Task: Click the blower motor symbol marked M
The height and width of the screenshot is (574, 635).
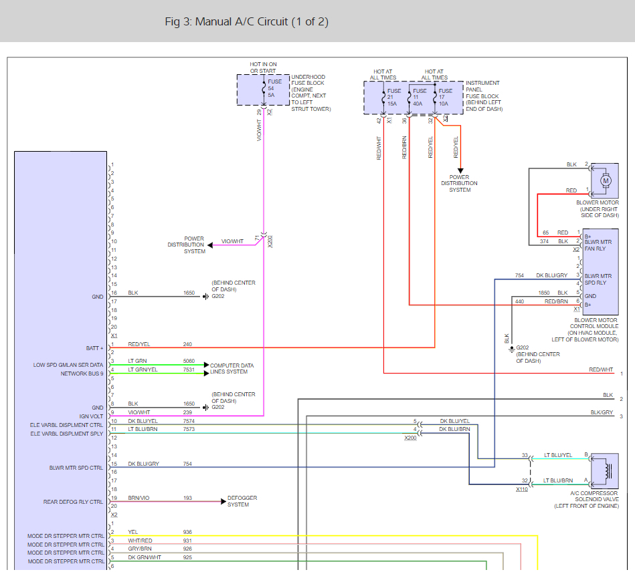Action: (606, 181)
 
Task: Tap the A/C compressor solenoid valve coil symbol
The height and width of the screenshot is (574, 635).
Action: (607, 471)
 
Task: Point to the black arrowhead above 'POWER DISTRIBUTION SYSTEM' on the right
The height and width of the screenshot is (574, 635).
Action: (460, 170)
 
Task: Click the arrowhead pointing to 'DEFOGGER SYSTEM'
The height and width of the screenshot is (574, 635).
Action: (223, 502)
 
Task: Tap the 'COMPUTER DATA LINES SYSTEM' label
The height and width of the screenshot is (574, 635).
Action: (232, 368)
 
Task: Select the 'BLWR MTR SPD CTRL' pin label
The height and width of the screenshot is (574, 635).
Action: (76, 468)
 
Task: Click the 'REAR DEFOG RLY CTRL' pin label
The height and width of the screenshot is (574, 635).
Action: (74, 502)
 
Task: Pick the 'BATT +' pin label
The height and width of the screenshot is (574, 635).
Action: (95, 348)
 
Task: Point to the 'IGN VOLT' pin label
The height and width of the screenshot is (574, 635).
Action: (91, 416)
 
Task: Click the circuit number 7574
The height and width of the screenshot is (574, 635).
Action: (189, 421)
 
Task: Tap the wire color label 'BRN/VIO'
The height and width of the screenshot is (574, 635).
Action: (139, 498)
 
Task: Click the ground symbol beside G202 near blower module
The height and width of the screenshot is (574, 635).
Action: (512, 349)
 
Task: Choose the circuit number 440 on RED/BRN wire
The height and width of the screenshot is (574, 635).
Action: (520, 301)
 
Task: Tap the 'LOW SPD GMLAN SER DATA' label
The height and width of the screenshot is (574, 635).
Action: (68, 365)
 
